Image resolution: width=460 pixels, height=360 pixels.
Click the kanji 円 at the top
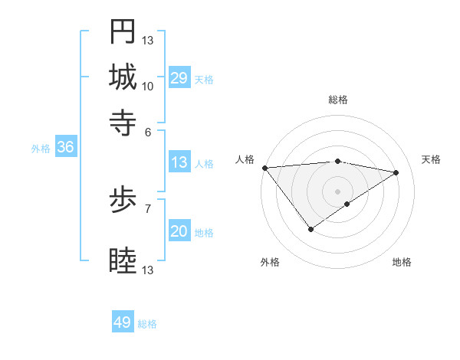click(x=123, y=31)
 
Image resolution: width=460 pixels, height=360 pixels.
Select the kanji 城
click(x=123, y=77)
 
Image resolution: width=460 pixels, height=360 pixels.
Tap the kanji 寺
click(x=123, y=122)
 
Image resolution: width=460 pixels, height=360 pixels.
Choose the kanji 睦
click(x=123, y=261)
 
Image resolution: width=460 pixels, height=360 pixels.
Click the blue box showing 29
click(x=179, y=78)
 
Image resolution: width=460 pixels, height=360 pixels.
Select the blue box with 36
click(x=65, y=148)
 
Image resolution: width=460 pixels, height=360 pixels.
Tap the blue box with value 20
click(x=179, y=232)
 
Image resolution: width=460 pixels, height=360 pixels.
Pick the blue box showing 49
click(x=123, y=322)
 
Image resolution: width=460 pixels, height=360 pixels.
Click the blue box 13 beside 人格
click(x=179, y=162)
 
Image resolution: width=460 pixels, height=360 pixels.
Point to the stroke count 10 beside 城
click(x=148, y=86)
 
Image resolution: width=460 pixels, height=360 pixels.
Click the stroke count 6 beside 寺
click(x=148, y=131)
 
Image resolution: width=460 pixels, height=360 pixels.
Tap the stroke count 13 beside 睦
click(x=148, y=270)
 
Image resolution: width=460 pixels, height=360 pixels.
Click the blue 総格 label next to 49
click(x=147, y=324)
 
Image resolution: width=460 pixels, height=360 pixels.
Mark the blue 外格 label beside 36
click(x=41, y=149)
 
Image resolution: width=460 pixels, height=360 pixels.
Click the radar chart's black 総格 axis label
click(x=338, y=100)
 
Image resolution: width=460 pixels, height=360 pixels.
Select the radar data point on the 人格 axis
click(x=264, y=168)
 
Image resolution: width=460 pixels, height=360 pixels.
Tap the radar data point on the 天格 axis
click(x=396, y=172)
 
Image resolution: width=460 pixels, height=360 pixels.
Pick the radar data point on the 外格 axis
click(x=311, y=229)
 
